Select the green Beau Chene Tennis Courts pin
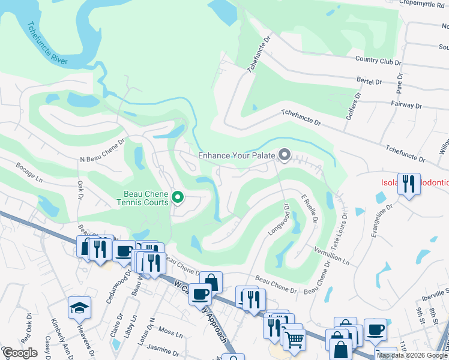point(178,197)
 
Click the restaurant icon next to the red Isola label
point(409,184)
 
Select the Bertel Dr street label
point(369,81)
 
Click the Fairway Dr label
point(405,104)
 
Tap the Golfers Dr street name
point(354,106)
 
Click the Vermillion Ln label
point(331,255)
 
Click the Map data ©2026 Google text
point(412,355)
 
